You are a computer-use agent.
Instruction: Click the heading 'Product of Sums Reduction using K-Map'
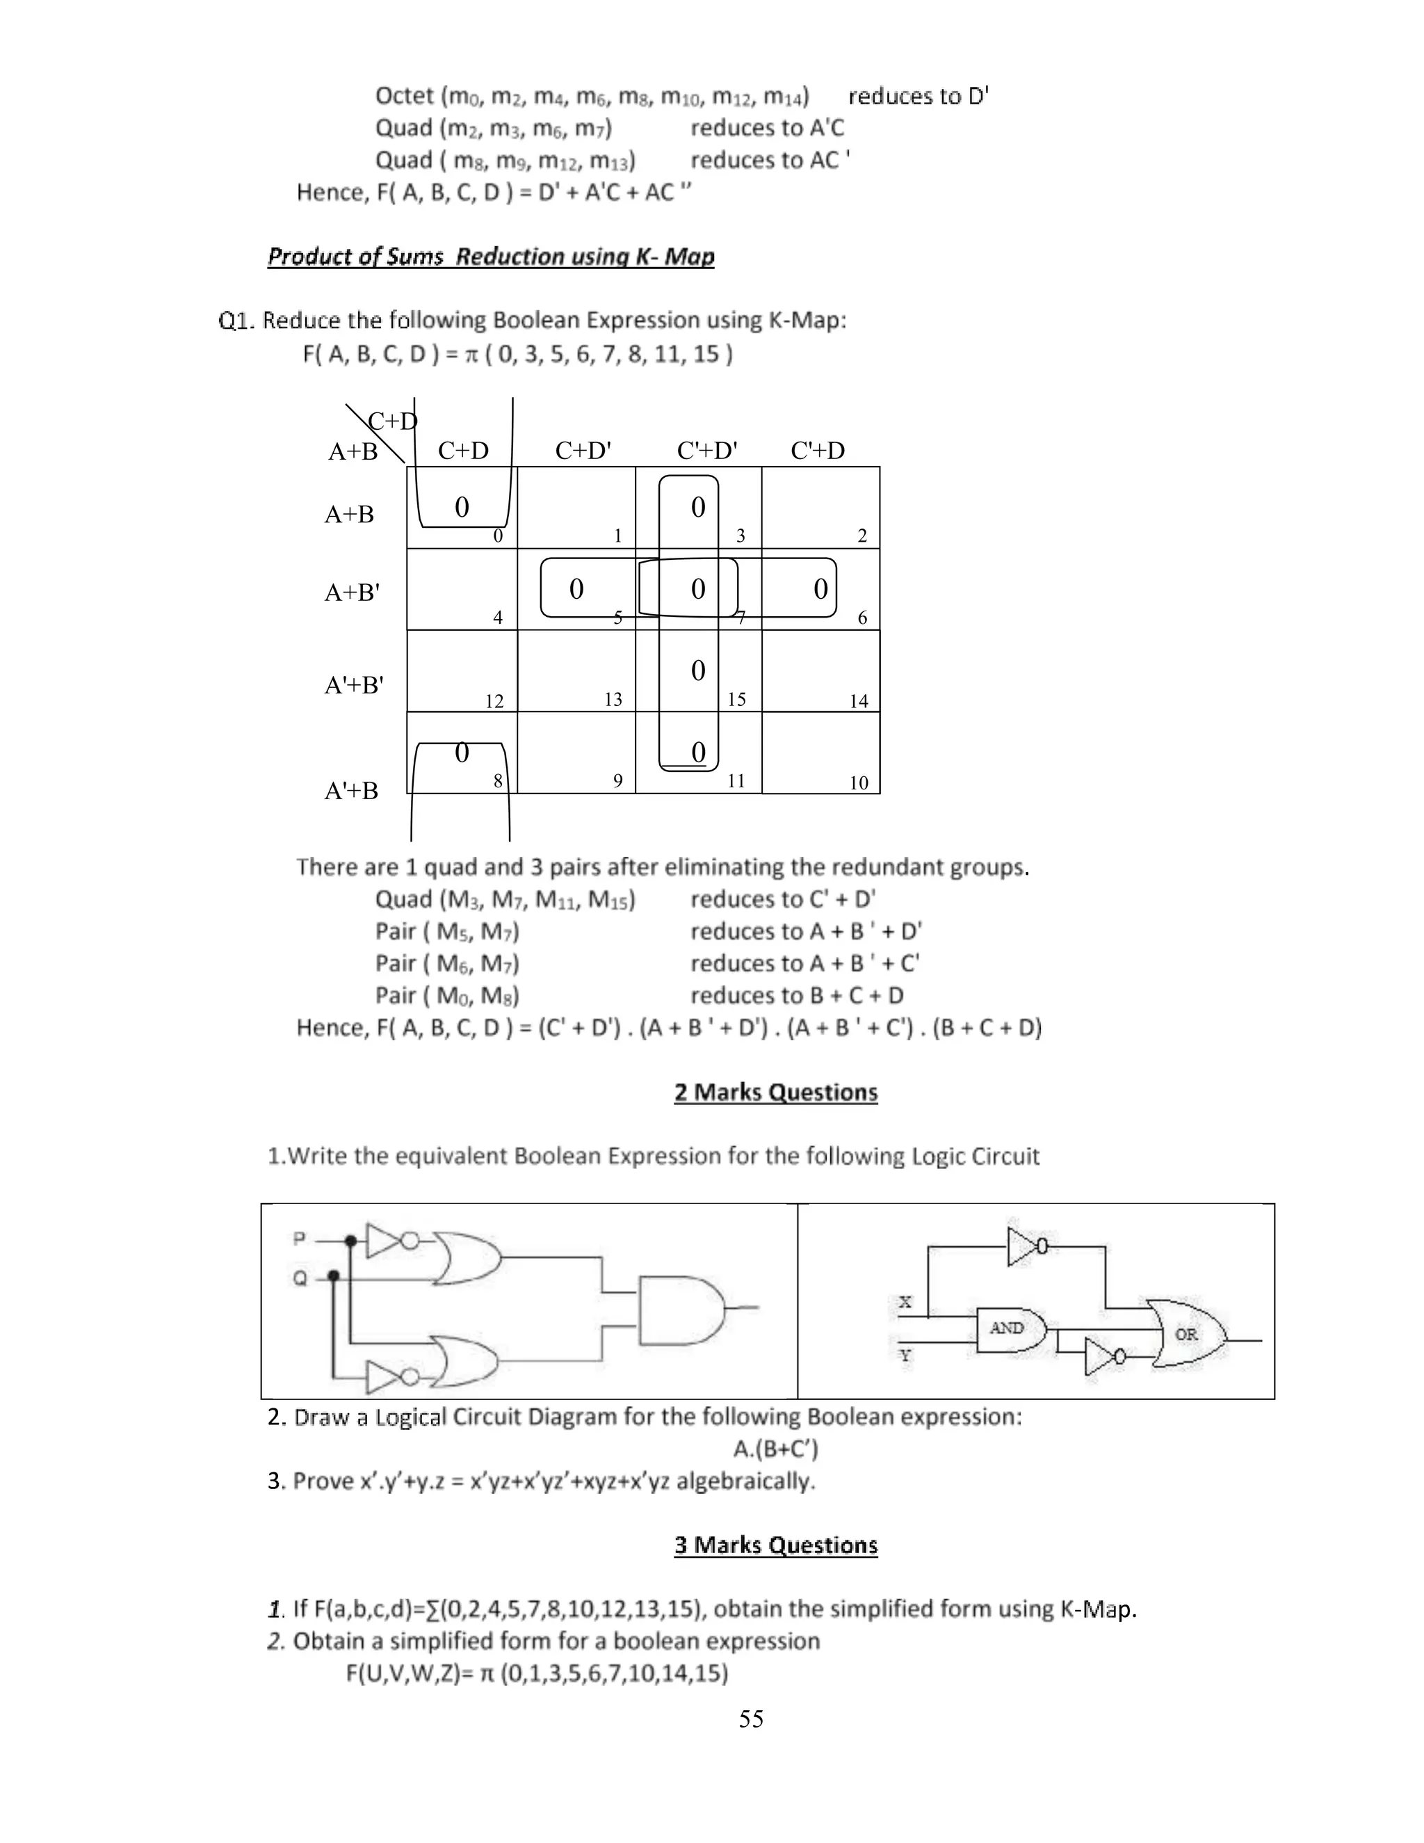click(491, 257)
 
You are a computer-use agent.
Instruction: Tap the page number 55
click(751, 1719)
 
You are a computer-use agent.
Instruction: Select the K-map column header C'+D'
click(707, 451)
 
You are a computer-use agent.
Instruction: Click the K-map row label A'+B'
click(355, 684)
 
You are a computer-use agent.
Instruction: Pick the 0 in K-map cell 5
click(576, 589)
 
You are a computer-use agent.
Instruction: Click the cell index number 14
click(859, 701)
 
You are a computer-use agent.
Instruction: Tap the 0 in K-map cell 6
click(820, 589)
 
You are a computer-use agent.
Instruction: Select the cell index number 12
click(494, 701)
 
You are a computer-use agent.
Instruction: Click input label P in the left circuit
click(298, 1239)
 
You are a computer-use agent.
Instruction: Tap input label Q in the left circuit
click(300, 1278)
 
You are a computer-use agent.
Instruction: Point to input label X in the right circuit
click(905, 1302)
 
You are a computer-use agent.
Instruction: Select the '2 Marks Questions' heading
click(776, 1092)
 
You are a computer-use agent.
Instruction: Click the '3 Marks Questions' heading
click(776, 1545)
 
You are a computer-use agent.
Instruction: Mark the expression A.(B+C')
click(776, 1449)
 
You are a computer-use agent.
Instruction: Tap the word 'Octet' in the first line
click(404, 96)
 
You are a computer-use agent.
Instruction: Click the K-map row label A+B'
click(353, 593)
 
